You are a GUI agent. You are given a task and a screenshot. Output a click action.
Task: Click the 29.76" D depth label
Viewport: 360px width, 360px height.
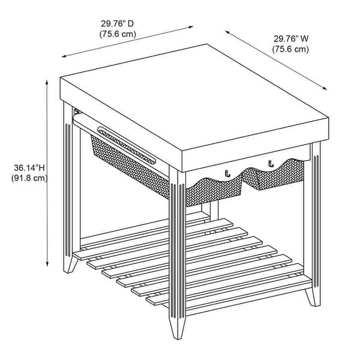pos(117,23)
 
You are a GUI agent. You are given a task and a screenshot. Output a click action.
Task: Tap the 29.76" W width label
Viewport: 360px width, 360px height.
pos(290,39)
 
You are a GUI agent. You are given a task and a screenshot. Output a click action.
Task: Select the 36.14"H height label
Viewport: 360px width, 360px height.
pos(29,168)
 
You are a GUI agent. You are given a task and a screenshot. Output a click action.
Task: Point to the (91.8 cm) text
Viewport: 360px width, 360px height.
pos(29,178)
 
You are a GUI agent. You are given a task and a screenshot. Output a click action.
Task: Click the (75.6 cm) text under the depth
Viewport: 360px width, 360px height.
pos(118,34)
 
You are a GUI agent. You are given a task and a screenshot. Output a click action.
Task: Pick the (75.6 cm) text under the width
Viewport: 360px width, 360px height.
pos(290,49)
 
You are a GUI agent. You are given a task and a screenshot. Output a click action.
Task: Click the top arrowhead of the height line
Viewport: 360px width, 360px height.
pos(47,82)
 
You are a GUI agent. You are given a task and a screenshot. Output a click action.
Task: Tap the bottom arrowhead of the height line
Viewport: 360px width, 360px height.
pos(47,264)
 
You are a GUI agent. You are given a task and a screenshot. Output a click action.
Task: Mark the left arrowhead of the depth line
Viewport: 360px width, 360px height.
pos(64,56)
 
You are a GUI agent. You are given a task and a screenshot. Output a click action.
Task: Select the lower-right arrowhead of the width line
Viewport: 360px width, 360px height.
pos(325,88)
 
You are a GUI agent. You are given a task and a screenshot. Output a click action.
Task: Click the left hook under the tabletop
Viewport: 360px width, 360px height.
pos(227,173)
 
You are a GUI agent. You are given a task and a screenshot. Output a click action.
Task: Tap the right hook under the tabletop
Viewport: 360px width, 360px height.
pos(271,163)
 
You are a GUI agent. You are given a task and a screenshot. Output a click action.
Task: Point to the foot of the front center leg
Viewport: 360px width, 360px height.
pos(177,328)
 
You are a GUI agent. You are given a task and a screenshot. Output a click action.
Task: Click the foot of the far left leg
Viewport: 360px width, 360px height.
pos(70,265)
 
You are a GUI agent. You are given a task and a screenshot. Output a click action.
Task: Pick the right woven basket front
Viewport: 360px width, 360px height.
pos(273,175)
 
